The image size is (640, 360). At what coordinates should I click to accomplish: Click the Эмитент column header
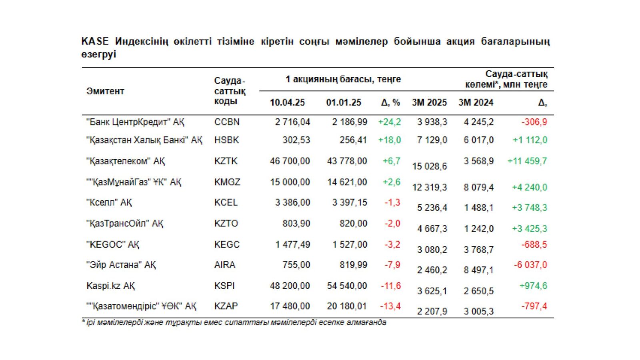click(105, 92)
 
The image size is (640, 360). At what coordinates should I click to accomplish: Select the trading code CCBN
click(227, 122)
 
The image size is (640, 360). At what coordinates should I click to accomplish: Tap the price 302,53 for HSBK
click(296, 140)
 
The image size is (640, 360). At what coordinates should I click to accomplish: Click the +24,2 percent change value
click(390, 122)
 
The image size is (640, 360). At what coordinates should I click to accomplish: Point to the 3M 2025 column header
click(429, 102)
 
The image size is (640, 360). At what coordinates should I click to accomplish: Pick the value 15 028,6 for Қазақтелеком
click(429, 166)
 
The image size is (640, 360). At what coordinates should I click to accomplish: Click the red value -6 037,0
click(530, 265)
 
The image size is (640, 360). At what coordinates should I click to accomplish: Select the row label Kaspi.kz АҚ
click(110, 286)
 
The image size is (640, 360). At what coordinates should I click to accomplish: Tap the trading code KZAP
click(226, 306)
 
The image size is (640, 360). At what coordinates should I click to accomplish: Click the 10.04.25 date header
click(288, 102)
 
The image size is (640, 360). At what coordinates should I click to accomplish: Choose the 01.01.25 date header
click(344, 102)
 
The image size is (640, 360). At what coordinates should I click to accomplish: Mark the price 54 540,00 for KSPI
click(347, 286)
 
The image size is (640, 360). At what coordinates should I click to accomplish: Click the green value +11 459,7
click(527, 161)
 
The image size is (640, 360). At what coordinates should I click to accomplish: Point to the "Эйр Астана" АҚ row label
click(121, 265)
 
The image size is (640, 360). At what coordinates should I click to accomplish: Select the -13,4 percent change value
click(390, 306)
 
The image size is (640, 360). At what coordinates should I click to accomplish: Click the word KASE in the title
click(95, 42)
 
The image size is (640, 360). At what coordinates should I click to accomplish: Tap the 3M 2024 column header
click(476, 102)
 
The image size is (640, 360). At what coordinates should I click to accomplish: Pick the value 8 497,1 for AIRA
click(478, 270)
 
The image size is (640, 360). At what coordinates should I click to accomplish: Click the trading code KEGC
click(227, 244)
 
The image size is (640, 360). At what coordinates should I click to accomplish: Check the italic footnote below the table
click(234, 323)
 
